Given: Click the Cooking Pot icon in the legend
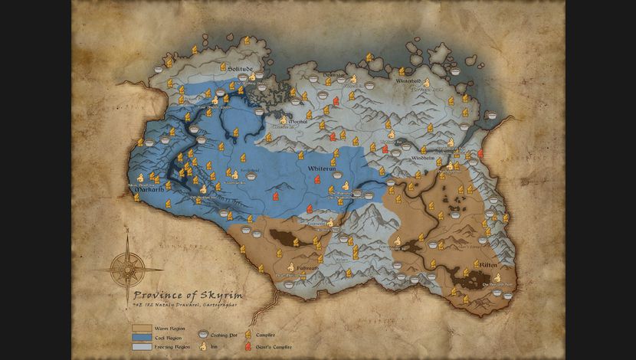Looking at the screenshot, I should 203,335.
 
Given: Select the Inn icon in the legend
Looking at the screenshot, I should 203,346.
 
